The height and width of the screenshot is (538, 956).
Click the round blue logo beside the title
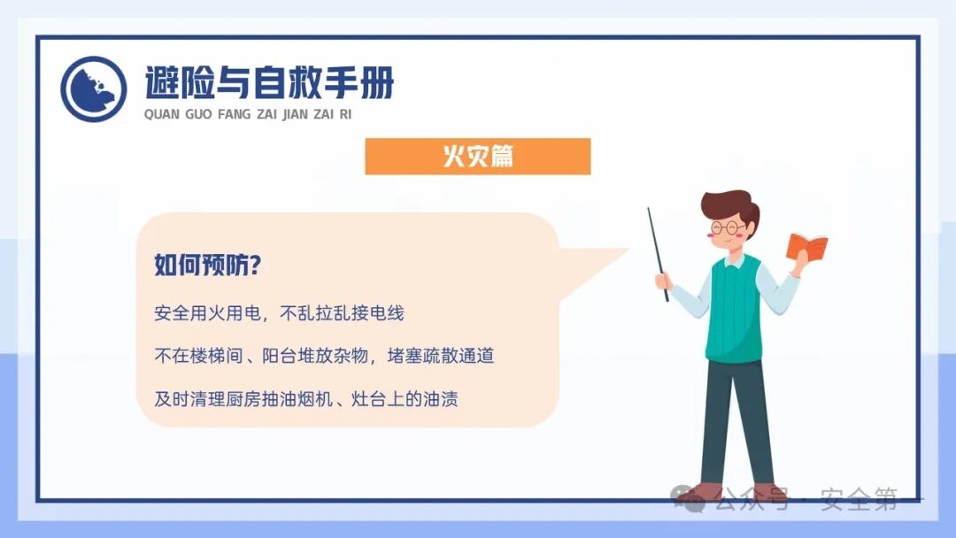93,88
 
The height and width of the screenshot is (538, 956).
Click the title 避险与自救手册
269,84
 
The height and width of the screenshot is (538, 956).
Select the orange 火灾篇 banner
477,157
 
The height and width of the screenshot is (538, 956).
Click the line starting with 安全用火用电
279,313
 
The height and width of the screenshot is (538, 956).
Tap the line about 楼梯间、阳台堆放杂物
323,356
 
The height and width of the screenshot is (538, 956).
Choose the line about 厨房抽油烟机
305,398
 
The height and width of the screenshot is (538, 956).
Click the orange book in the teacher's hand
806,245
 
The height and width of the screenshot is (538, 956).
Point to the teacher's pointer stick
658,252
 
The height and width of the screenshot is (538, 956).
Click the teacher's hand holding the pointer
663,281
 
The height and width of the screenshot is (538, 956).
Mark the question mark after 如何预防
261,265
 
